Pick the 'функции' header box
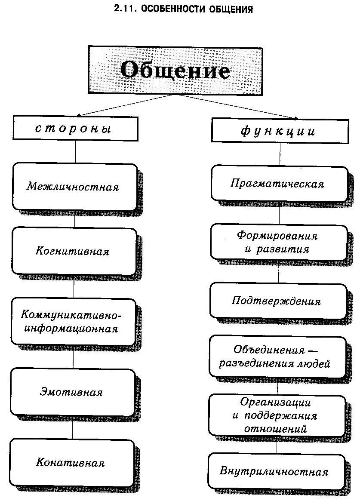pyautogui.click(x=278, y=130)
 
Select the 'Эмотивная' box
pyautogui.click(x=72, y=392)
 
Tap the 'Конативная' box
pyautogui.click(x=71, y=463)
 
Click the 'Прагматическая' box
pyautogui.click(x=278, y=184)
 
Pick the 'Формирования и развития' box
pyautogui.click(x=278, y=243)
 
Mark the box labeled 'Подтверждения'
pyautogui.click(x=277, y=301)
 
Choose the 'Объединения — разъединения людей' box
pyautogui.click(x=276, y=357)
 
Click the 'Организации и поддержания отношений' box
pyautogui.click(x=276, y=415)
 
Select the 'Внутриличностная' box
pyautogui.click(x=275, y=471)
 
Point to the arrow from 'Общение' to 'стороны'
pyautogui.click(x=125, y=105)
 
